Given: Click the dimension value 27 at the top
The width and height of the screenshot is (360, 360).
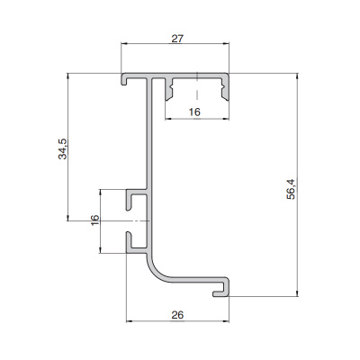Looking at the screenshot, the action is click(x=177, y=39).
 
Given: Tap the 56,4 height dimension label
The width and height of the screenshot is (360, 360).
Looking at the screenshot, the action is click(x=291, y=189).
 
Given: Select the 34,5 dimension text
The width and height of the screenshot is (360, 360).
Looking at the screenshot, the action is click(x=63, y=148).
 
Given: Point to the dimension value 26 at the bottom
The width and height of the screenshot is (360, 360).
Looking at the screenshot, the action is click(x=177, y=315).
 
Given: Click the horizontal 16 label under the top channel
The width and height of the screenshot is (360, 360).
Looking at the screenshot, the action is click(x=194, y=112).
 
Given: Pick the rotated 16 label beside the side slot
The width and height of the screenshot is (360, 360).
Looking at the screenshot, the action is click(x=94, y=220).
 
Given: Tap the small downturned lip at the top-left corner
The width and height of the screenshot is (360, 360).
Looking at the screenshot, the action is click(x=123, y=79).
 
